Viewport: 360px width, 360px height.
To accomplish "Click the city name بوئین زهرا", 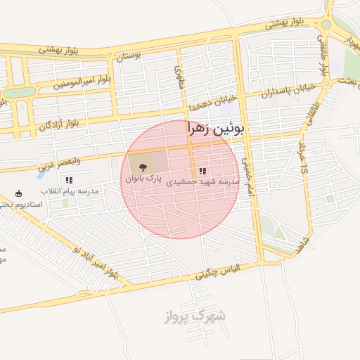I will [216, 129].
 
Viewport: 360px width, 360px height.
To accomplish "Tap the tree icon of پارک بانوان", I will [143, 167].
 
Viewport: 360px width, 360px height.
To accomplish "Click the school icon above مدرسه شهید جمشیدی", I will [202, 171].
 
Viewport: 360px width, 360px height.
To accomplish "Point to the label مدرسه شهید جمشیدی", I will [203, 181].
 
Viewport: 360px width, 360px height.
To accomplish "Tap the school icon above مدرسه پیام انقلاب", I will [69, 180].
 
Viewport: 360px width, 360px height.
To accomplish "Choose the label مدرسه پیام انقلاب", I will [69, 191].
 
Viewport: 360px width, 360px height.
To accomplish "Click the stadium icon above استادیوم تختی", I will [18, 193].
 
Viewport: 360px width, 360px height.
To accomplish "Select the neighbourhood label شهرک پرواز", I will [203, 316].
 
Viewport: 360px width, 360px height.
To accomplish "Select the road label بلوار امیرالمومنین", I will [82, 82].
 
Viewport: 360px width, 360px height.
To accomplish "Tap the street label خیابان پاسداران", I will [285, 91].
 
